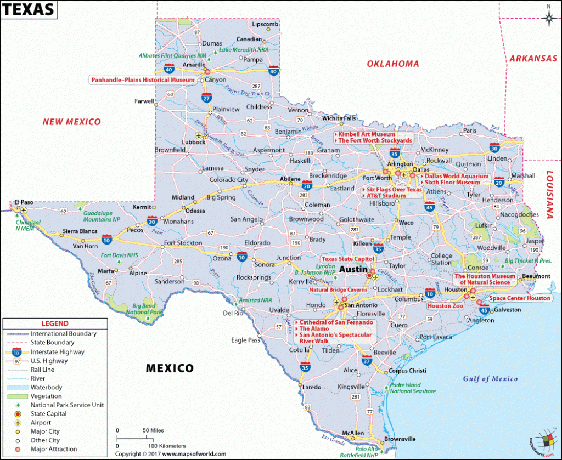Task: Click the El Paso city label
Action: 24,202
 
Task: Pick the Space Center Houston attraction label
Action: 520,298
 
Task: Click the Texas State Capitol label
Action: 347,259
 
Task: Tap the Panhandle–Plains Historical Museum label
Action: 143,80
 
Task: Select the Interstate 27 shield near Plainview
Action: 206,98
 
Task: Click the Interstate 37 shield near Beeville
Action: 367,361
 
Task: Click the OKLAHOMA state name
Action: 392,64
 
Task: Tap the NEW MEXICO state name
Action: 72,122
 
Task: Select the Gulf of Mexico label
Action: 490,379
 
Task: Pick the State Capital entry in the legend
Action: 48,414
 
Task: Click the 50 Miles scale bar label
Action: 154,430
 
